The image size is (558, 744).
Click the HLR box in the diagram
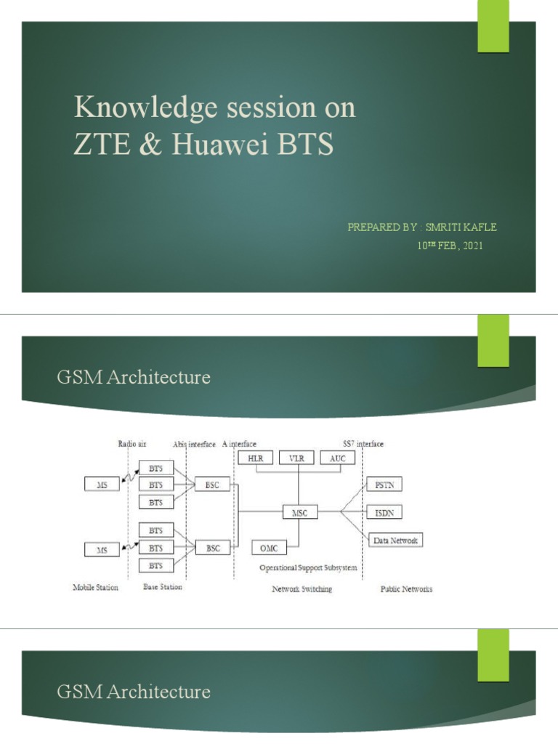[x=255, y=458]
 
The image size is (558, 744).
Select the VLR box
[x=296, y=458]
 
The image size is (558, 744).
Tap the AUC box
[x=337, y=458]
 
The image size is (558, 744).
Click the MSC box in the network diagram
[x=300, y=512]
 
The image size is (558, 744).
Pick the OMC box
[x=268, y=547]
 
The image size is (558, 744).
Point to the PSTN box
[x=384, y=484]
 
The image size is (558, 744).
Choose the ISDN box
[x=384, y=512]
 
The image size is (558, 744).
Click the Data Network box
[x=395, y=541]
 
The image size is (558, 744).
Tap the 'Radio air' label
[x=133, y=443]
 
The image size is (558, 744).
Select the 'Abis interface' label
[x=194, y=443]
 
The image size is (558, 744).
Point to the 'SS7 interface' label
[x=363, y=443]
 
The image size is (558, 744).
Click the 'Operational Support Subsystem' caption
[x=308, y=567]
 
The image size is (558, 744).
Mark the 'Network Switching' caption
[x=302, y=589]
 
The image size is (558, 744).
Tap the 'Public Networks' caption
[x=406, y=589]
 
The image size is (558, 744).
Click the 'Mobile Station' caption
[x=95, y=587]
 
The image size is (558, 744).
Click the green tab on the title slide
[x=493, y=27]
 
